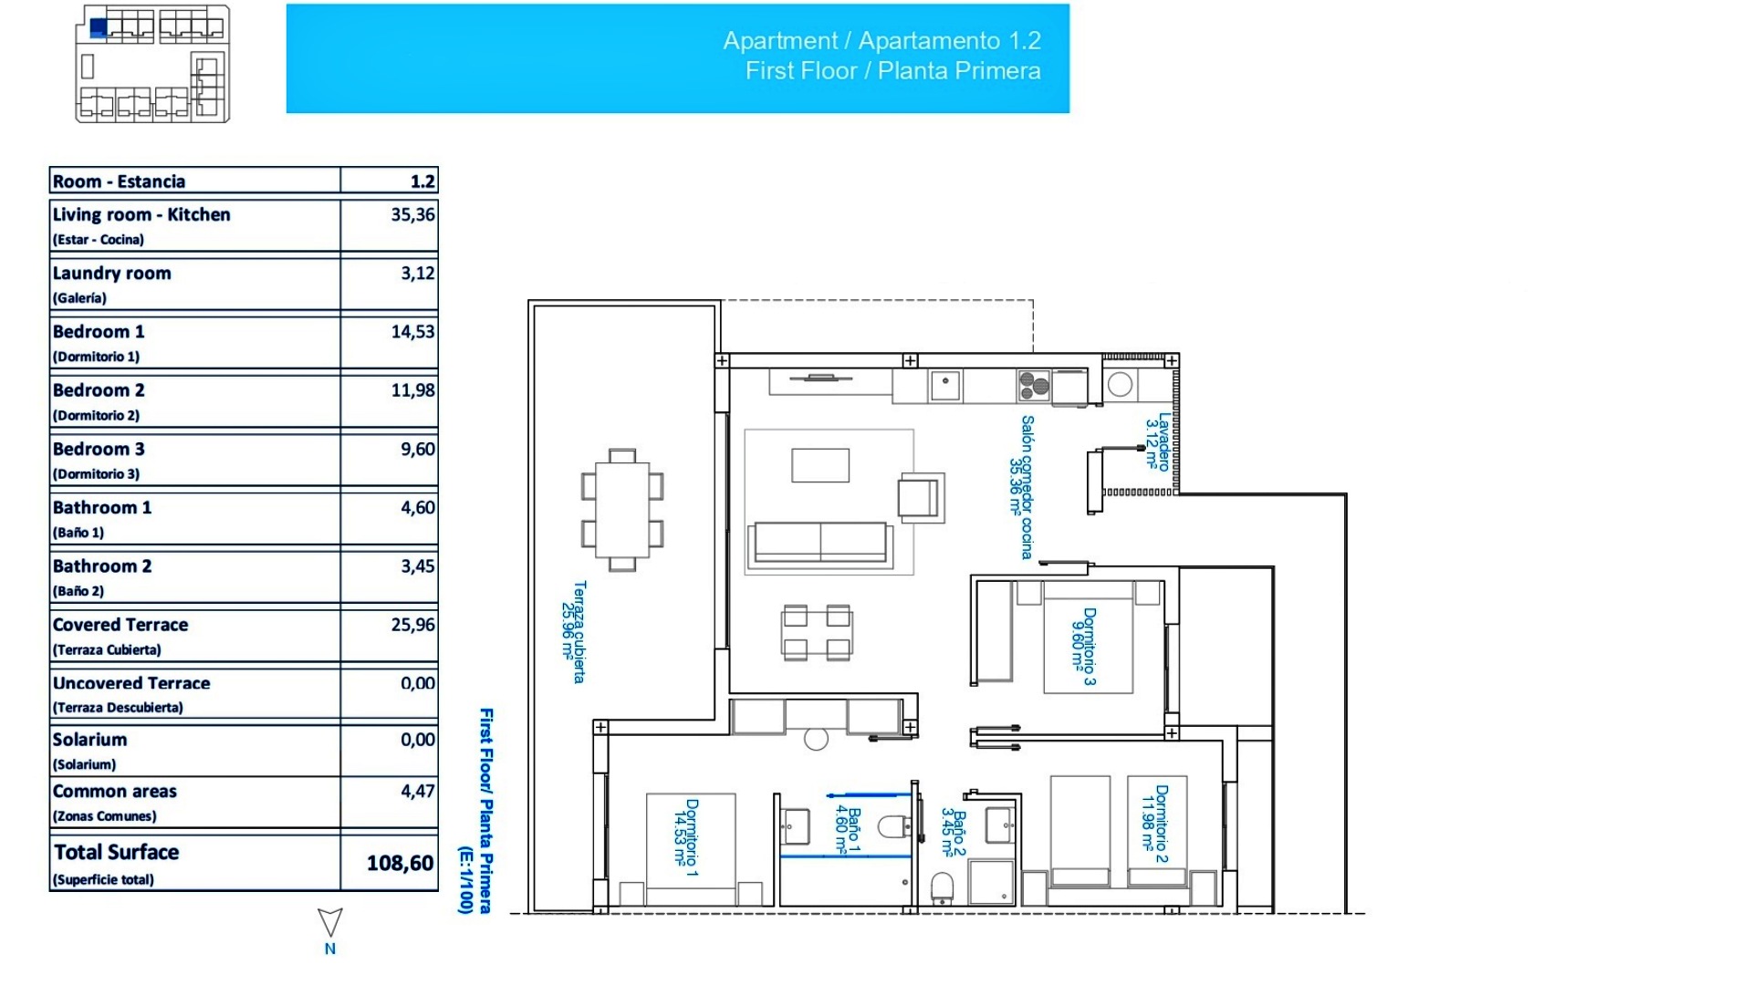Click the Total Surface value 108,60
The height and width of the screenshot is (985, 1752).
click(x=400, y=863)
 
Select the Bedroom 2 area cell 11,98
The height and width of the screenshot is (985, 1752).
click(x=412, y=390)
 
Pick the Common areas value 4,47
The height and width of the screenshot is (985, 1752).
click(x=417, y=792)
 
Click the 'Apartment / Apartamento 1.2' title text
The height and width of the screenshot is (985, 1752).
click(x=881, y=41)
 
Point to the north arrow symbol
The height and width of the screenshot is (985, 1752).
click(x=330, y=922)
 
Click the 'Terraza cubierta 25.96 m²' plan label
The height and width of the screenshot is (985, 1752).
click(x=572, y=632)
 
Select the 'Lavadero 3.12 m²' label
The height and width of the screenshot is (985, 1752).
click(x=1157, y=443)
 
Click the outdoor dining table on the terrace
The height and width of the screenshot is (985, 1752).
click(x=622, y=510)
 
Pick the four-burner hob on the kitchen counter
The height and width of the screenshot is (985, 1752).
click(x=1034, y=386)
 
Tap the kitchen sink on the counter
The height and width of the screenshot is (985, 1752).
click(x=945, y=385)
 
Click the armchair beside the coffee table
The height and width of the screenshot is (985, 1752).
click(x=920, y=498)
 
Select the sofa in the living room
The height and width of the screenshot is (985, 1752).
click(x=819, y=543)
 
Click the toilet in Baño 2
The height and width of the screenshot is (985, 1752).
click(x=942, y=887)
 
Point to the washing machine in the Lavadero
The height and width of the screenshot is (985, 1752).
click(x=1121, y=385)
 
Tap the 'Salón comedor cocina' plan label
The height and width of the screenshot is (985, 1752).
click(x=1021, y=487)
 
